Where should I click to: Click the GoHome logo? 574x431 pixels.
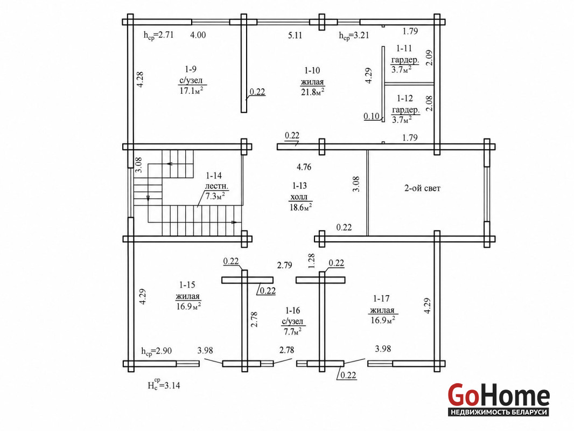pyautogui.click(x=499, y=400)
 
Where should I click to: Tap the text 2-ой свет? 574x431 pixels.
pyautogui.click(x=422, y=188)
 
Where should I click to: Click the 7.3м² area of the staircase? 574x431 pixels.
pyautogui.click(x=215, y=196)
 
